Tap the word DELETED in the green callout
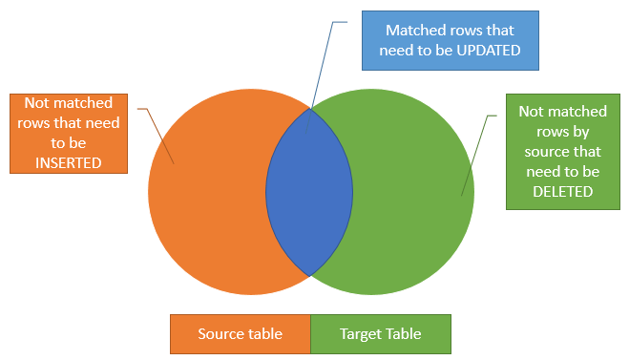click(556, 191)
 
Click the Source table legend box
click(240, 334)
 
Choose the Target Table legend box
click(380, 334)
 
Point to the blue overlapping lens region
click(309, 191)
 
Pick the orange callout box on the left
click(69, 133)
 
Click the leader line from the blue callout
click(322, 76)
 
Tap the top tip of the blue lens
click(310, 107)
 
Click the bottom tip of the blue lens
click(310, 275)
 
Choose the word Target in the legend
click(361, 334)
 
